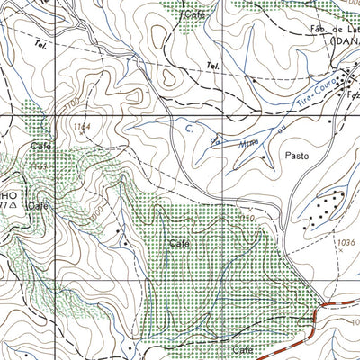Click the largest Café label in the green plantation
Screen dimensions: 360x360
coord(177,244)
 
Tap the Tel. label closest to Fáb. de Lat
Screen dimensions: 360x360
coord(212,66)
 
